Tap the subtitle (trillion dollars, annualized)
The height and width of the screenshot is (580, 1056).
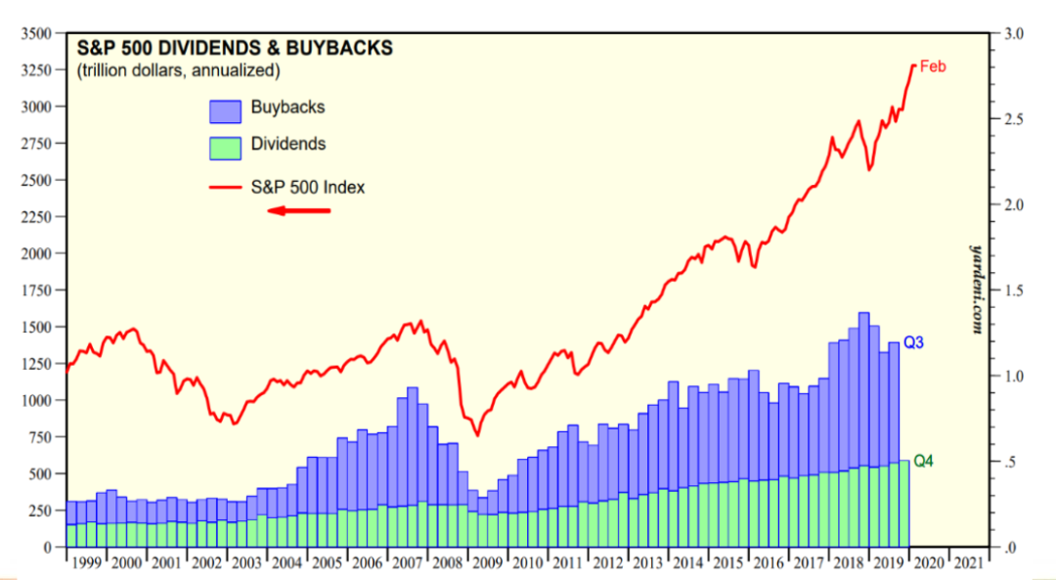(x=179, y=70)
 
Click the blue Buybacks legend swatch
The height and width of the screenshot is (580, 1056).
(x=225, y=109)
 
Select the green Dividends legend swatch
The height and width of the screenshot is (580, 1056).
(x=225, y=146)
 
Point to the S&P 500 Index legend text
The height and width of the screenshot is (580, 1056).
(x=308, y=186)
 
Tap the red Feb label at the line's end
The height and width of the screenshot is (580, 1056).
(x=933, y=67)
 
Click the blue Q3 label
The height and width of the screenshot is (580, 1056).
(x=913, y=343)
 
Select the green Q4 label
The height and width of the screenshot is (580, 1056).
(x=923, y=461)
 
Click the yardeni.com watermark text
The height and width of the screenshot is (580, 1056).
(x=976, y=289)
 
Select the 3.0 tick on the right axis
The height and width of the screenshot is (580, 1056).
(x=1013, y=33)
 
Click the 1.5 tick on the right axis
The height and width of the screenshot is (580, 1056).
(x=1013, y=290)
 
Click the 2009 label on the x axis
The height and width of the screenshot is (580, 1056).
(x=486, y=563)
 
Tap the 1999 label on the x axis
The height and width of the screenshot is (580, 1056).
(x=86, y=563)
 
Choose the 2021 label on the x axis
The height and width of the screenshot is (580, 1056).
(x=967, y=563)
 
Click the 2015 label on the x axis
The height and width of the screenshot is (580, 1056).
(x=726, y=563)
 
